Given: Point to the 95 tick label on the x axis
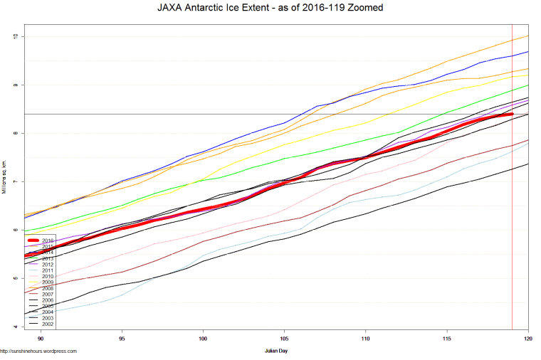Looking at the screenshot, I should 122,339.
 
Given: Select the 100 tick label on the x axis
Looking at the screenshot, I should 203,339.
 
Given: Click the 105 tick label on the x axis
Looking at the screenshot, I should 284,339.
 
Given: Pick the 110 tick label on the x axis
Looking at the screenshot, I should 365,339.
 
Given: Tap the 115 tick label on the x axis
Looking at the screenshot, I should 446,339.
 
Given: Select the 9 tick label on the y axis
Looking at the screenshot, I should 17,85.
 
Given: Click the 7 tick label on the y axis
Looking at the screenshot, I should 17,181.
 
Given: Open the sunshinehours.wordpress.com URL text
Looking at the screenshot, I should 38,351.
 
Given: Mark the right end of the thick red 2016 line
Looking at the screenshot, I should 512,114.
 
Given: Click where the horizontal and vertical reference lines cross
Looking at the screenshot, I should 512,114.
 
